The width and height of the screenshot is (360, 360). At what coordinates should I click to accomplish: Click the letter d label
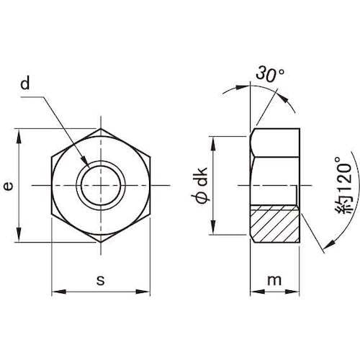tap(25, 84)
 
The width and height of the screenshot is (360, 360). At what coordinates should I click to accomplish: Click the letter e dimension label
tap(9, 186)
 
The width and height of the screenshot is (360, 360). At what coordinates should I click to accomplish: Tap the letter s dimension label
tap(101, 280)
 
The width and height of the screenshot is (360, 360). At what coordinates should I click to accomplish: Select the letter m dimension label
tap(274, 280)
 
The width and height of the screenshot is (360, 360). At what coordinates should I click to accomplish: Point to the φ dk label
tap(199, 185)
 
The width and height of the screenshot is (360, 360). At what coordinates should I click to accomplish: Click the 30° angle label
tap(270, 73)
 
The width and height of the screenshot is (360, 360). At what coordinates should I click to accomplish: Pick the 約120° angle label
tap(343, 185)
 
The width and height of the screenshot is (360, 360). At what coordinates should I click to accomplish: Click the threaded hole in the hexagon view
tap(101, 186)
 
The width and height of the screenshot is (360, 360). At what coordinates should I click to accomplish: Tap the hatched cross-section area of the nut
tap(275, 224)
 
